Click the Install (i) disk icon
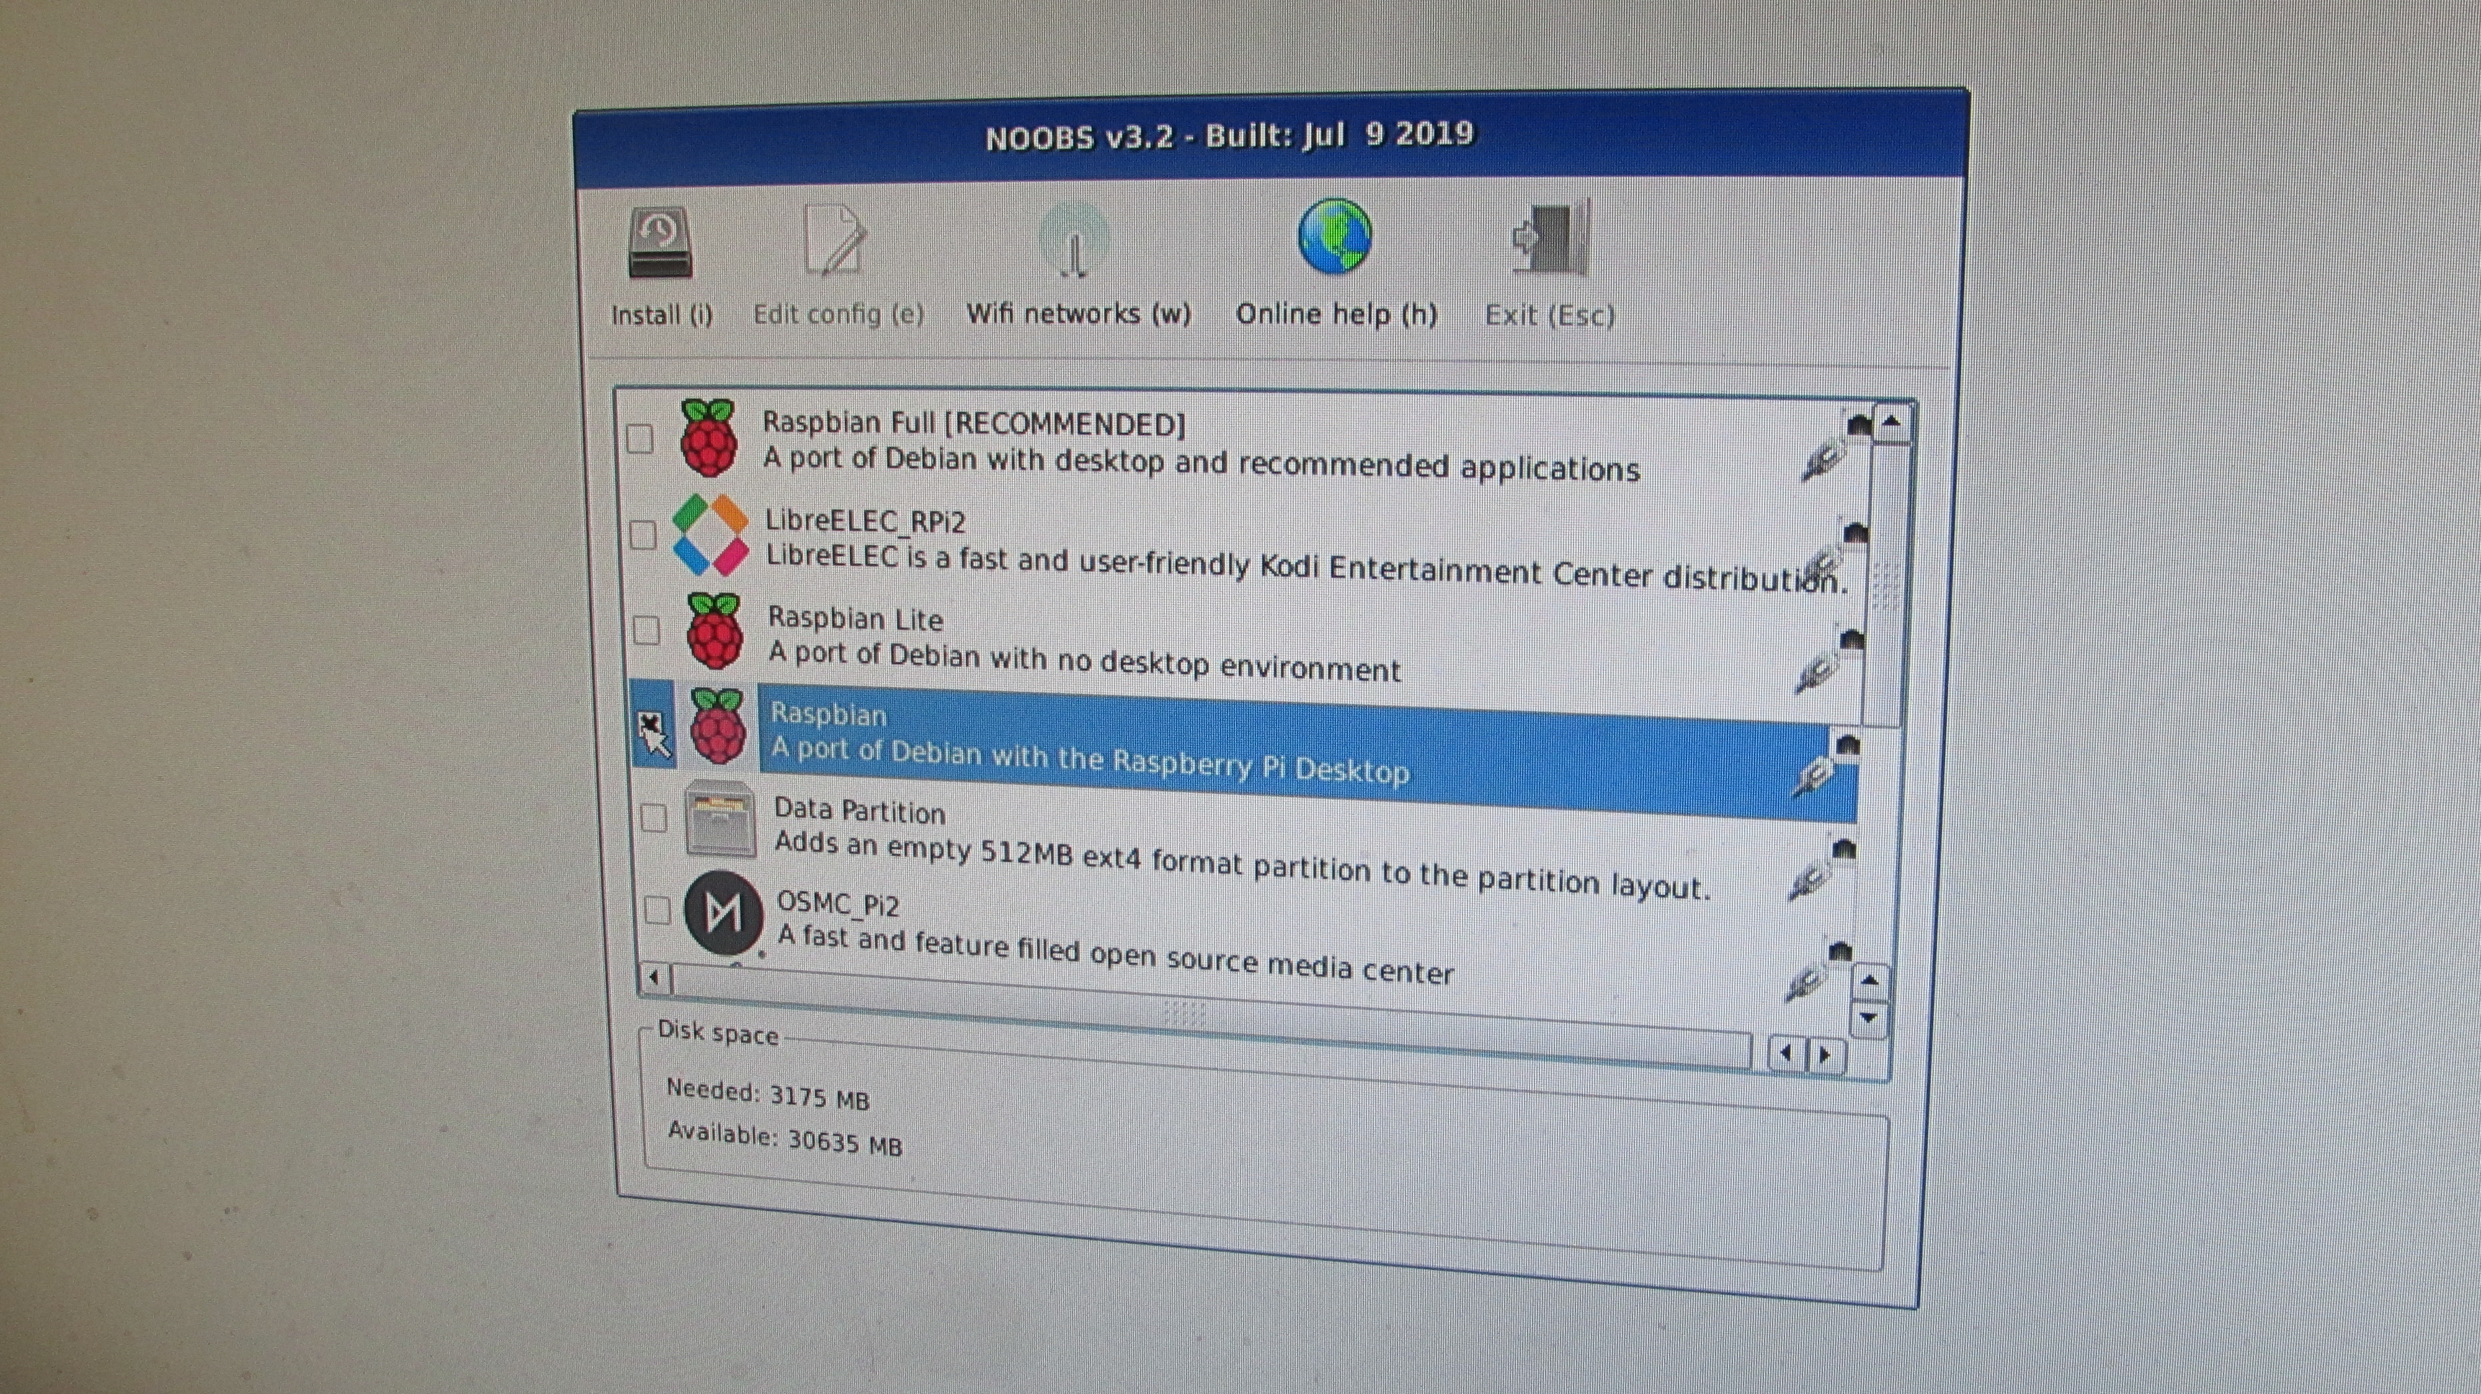click(660, 242)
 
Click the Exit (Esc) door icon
click(1551, 239)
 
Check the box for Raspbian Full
click(639, 439)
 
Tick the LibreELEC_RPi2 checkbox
click(643, 535)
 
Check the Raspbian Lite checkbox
click(646, 631)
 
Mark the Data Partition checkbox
click(654, 819)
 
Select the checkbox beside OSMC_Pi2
click(657, 910)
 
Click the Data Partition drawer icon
click(720, 819)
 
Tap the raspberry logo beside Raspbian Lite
click(715, 631)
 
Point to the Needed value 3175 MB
click(819, 1098)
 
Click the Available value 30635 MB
click(845, 1143)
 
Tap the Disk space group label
click(718, 1033)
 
